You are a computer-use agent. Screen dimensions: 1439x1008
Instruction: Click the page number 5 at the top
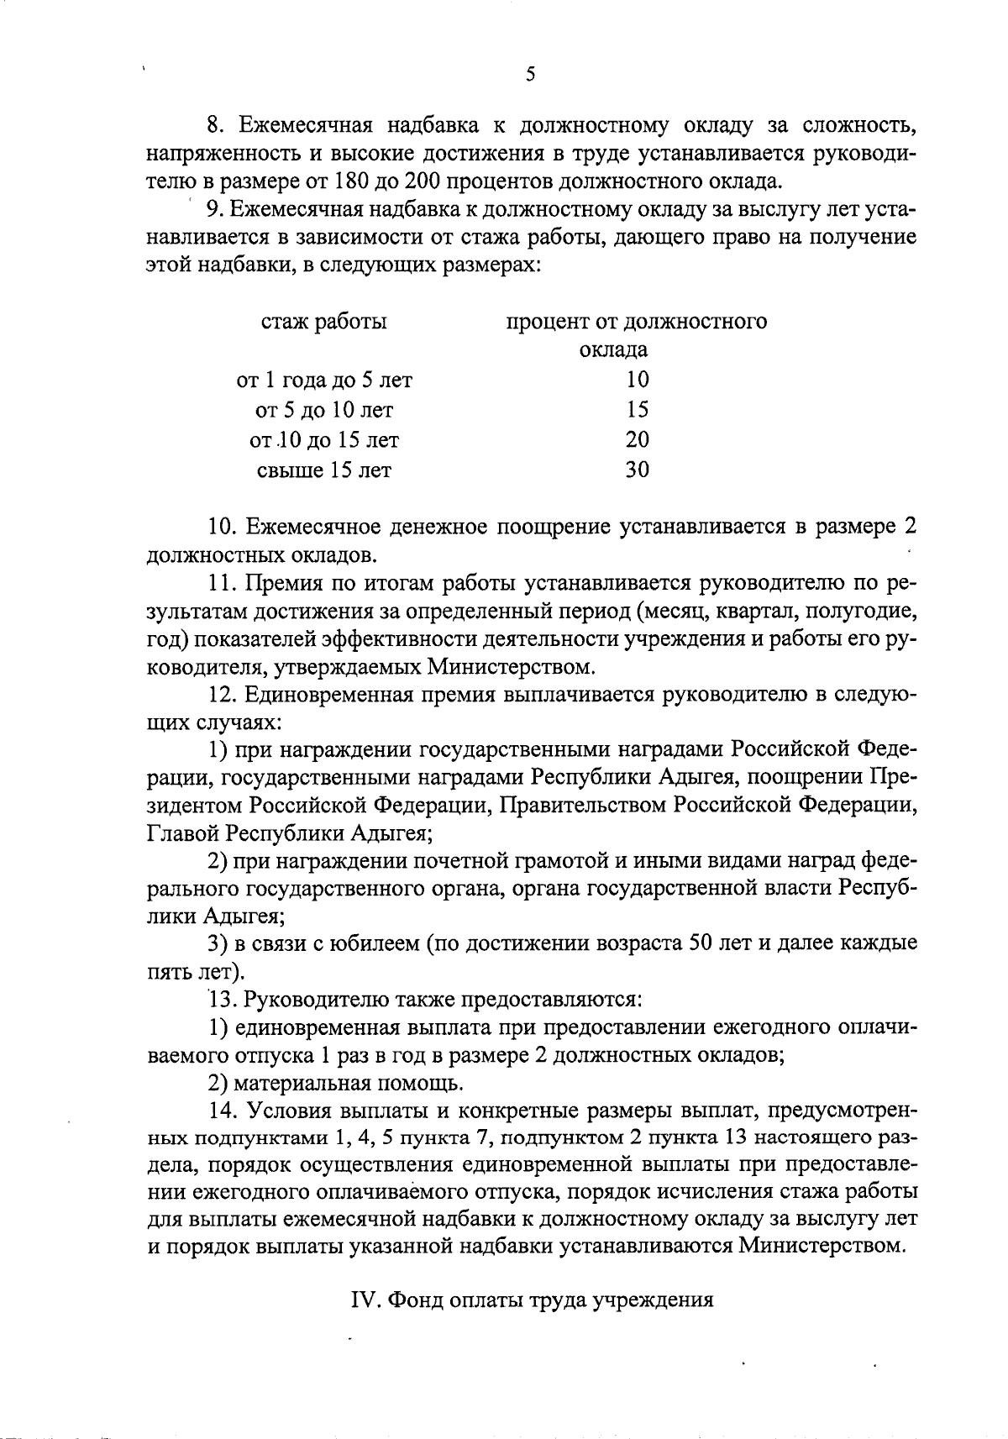click(530, 74)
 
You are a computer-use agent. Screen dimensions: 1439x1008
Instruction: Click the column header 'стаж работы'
click(324, 322)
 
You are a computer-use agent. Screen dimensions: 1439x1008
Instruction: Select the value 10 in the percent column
click(638, 380)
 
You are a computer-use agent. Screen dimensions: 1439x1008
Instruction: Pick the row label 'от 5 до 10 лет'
click(324, 410)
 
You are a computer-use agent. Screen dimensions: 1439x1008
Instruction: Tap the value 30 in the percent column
click(638, 470)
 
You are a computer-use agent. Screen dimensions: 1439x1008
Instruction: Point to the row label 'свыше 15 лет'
click(324, 470)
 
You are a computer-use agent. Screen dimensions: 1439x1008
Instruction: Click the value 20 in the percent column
click(638, 440)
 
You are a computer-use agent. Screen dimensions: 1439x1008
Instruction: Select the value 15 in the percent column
click(638, 410)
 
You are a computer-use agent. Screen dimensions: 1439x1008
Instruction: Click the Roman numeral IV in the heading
click(362, 1300)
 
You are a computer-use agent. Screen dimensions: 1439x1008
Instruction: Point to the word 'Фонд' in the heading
click(414, 1300)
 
